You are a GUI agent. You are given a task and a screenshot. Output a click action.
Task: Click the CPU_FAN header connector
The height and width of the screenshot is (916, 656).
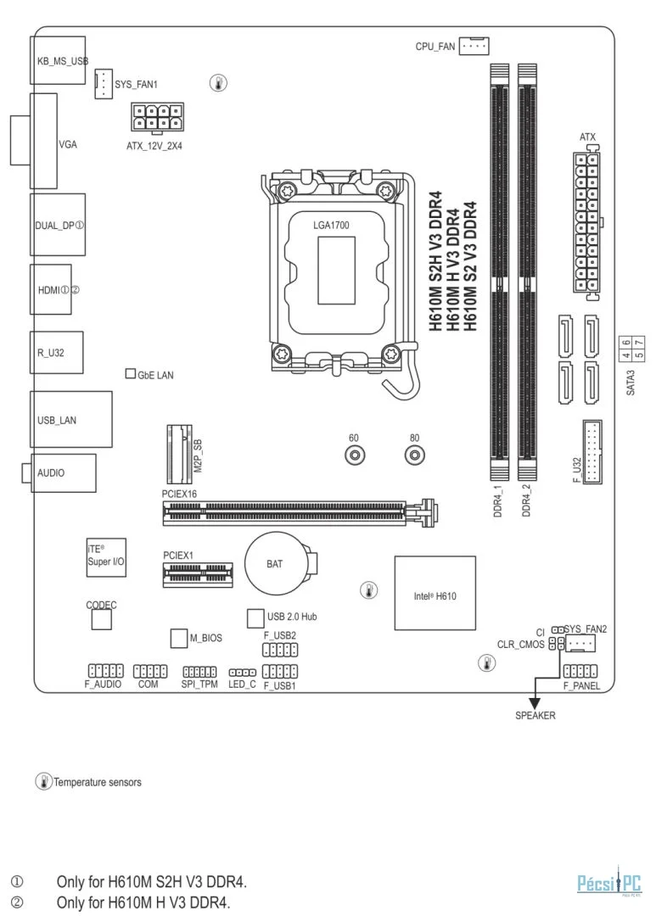tap(474, 46)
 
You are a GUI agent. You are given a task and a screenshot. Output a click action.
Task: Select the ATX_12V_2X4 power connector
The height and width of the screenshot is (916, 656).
tap(157, 118)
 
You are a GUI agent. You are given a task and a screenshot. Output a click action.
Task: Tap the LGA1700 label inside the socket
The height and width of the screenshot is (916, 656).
tap(331, 225)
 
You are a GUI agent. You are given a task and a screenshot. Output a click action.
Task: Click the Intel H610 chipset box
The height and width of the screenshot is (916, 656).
tap(435, 592)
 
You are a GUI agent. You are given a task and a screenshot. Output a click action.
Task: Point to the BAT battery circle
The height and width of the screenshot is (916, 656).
tap(276, 563)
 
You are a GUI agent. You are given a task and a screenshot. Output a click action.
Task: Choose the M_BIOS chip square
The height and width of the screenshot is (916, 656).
tap(179, 638)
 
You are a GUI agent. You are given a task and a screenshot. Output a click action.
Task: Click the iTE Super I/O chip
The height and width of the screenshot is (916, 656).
tap(106, 557)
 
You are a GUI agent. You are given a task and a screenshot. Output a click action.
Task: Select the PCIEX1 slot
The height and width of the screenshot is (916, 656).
tap(198, 574)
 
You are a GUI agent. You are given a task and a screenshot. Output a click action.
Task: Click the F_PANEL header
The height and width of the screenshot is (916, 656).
tap(580, 671)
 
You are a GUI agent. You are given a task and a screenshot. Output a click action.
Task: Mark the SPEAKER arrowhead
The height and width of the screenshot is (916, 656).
tap(535, 703)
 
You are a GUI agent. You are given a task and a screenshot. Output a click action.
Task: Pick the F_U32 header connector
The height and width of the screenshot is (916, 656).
tap(592, 451)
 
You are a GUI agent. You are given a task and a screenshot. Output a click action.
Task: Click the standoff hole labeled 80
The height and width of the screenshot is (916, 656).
tap(414, 455)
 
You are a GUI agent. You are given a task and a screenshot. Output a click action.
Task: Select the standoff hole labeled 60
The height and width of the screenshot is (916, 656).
tap(355, 455)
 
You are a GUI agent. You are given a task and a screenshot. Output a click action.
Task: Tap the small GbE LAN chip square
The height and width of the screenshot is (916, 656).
tap(131, 373)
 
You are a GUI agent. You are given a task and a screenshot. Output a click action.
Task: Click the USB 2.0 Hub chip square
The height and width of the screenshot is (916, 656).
tap(255, 617)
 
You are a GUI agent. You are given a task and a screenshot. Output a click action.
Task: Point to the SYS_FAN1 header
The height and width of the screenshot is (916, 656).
tap(104, 83)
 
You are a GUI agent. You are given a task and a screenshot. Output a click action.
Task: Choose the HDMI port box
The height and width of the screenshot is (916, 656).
tap(51, 289)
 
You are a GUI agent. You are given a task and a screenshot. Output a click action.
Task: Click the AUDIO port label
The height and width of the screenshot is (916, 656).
tap(51, 472)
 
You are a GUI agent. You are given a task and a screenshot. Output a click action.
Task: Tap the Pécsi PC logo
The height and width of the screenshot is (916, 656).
tap(609, 882)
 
